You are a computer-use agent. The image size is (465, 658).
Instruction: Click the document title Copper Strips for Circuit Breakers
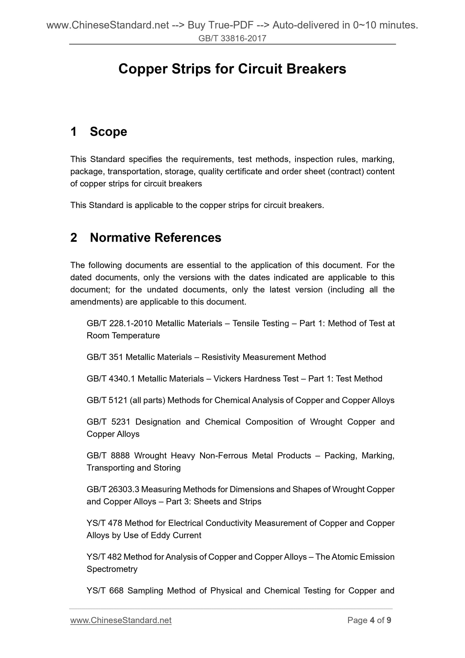pos(232,69)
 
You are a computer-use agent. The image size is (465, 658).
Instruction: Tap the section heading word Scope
pos(108,132)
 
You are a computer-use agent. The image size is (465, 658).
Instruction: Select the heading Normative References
pos(155,238)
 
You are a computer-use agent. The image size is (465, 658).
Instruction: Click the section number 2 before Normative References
pos(74,238)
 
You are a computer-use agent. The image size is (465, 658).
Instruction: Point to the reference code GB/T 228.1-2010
pos(120,323)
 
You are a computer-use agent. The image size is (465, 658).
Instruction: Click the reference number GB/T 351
pos(105,357)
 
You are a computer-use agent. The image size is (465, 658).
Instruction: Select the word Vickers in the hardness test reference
pos(227,379)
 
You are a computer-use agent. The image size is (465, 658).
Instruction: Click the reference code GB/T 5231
pos(108,422)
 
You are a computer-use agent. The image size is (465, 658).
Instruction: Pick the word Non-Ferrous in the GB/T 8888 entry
pos(223,455)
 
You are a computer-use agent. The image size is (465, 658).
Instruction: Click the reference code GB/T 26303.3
pos(113,489)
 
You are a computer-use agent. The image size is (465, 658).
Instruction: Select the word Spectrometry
pos(112,569)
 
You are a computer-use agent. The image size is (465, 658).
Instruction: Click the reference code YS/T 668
pos(105,590)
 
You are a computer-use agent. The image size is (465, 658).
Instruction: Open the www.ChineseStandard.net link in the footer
pos(121,620)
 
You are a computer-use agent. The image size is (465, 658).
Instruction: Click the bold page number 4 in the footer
pos(372,620)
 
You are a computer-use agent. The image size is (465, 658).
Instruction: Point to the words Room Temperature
pos(123,336)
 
